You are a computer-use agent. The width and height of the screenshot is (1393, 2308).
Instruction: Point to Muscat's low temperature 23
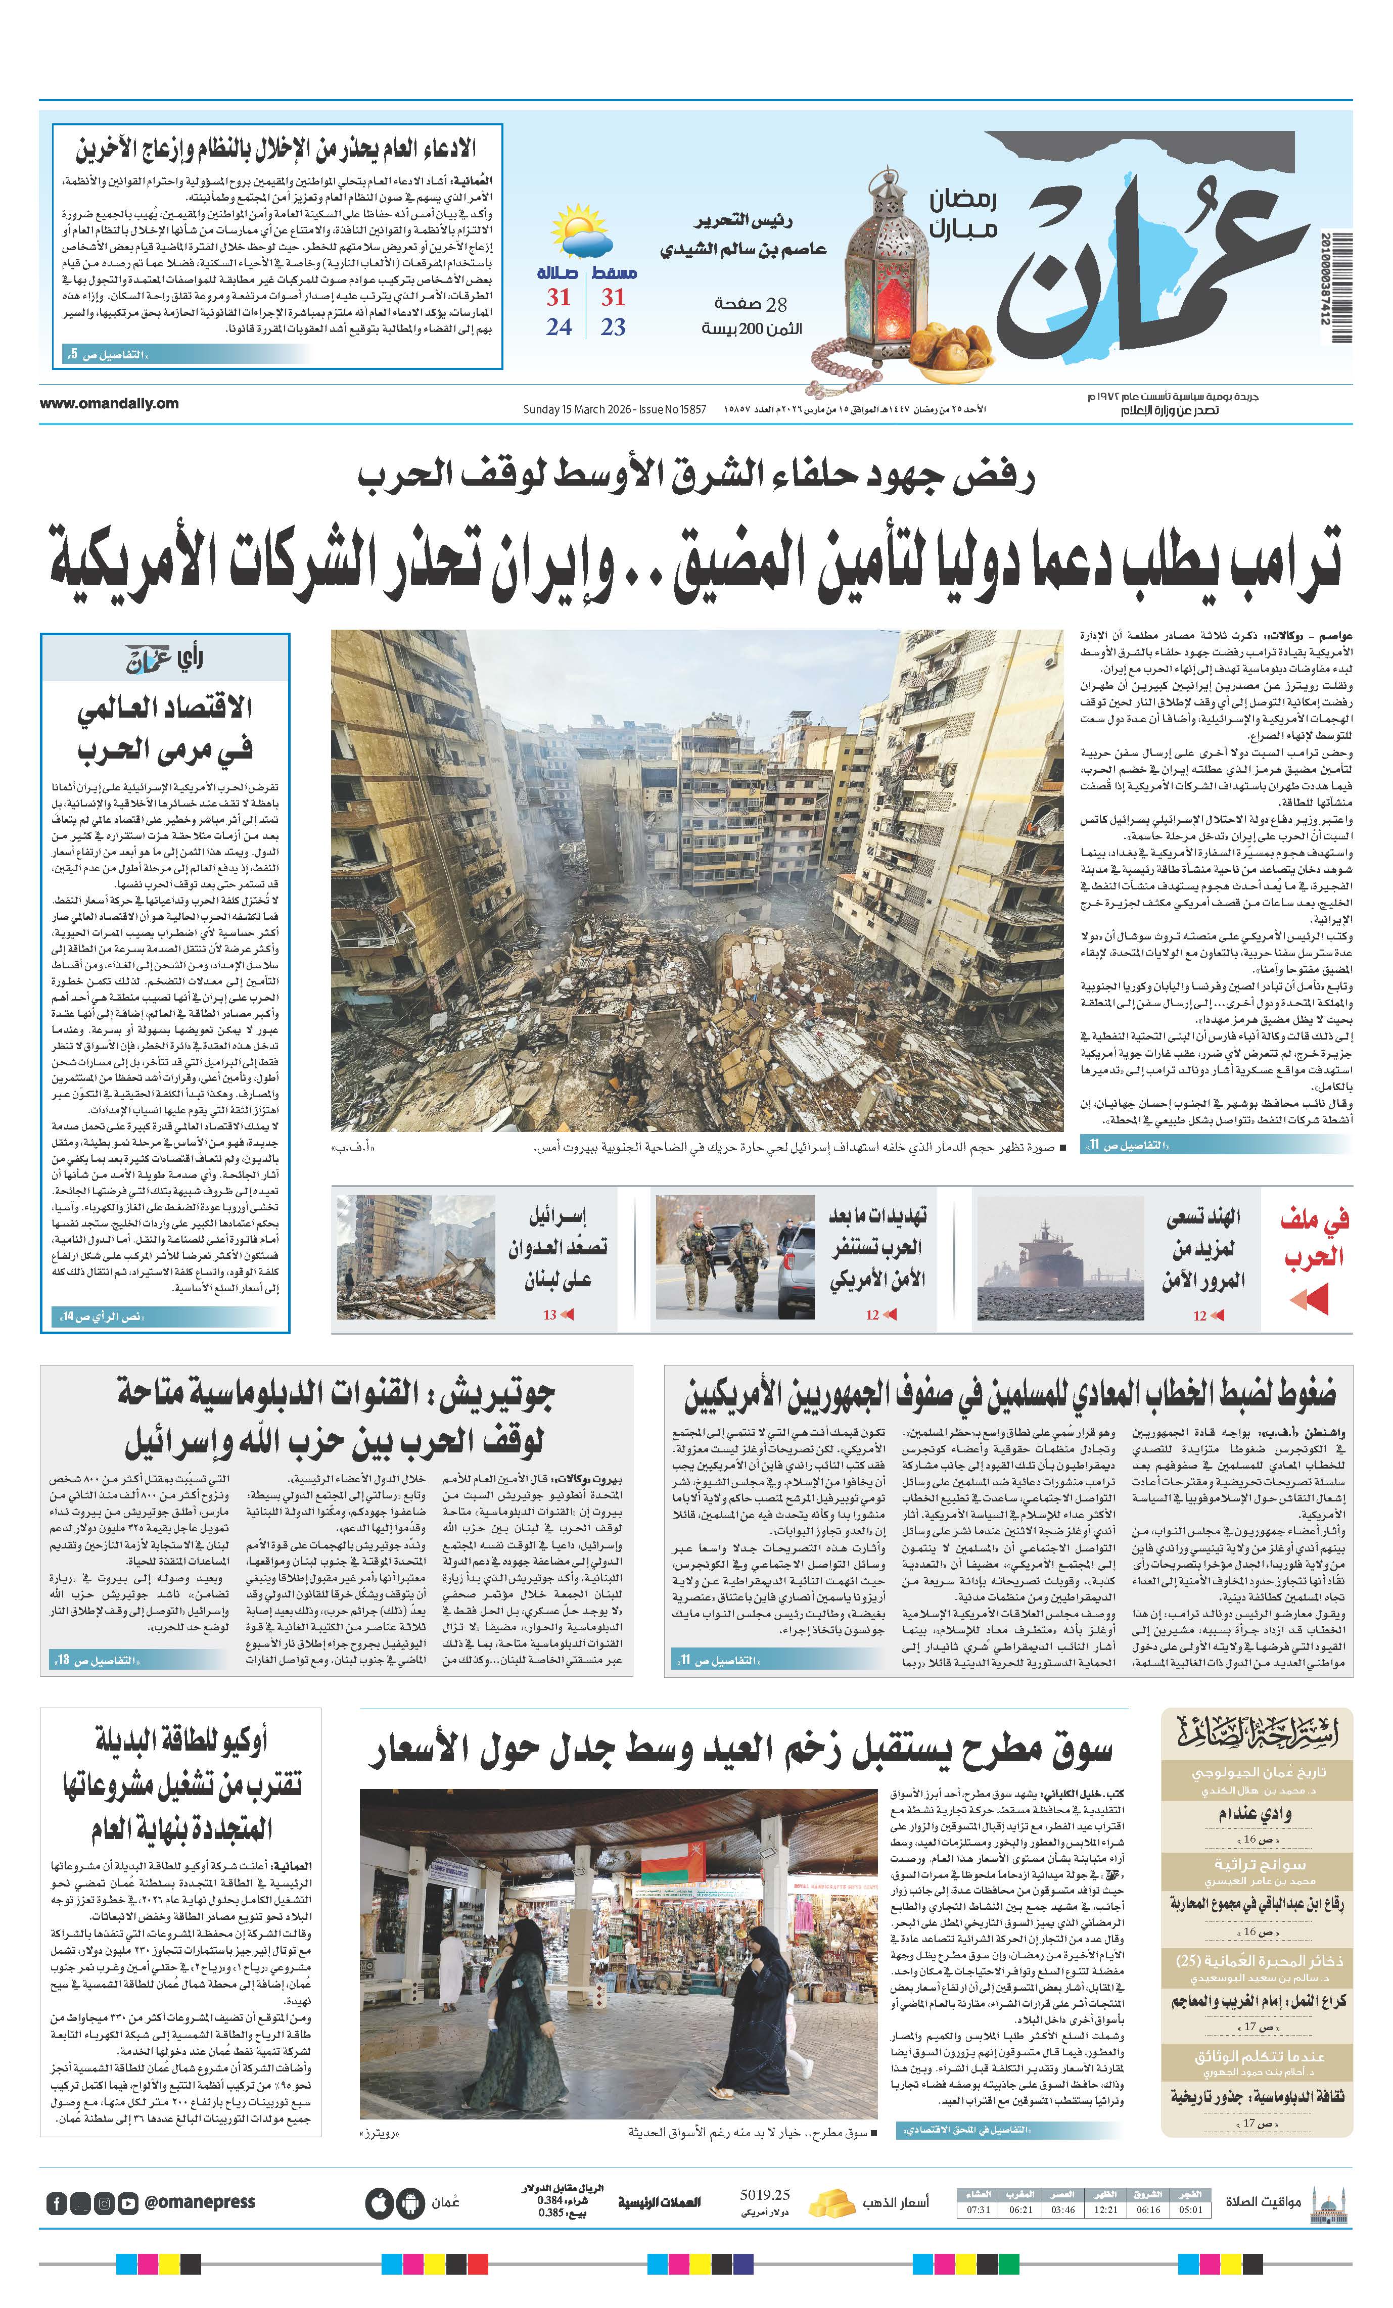613,327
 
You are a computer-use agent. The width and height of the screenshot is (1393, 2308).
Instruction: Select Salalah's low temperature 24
559,327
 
